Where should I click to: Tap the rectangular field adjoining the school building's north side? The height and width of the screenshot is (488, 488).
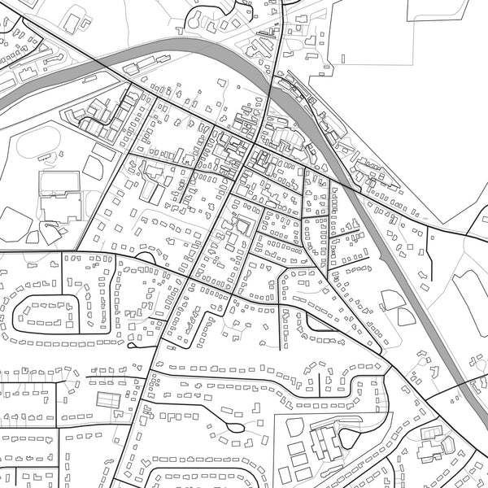59,181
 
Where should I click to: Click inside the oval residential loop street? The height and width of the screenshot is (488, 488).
49,312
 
